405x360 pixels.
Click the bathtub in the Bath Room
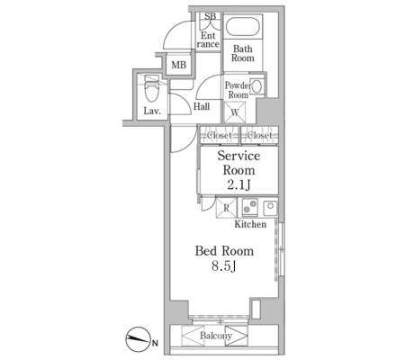point(243,27)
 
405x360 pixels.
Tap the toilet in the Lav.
point(151,89)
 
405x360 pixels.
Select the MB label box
point(178,65)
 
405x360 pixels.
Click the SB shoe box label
point(210,16)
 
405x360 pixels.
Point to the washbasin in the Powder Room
point(256,86)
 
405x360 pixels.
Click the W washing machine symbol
point(235,112)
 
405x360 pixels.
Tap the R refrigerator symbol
point(227,208)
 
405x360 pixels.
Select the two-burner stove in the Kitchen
point(250,207)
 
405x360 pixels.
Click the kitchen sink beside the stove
point(270,207)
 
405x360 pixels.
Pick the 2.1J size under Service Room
point(238,185)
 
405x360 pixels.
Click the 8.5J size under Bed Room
point(224,266)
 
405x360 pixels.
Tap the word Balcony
point(216,336)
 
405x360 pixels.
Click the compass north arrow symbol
point(138,339)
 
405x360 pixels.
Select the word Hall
point(202,106)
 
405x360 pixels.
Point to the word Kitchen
point(250,224)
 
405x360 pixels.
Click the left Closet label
point(220,135)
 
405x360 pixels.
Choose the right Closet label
point(259,135)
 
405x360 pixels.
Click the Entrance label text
point(208,40)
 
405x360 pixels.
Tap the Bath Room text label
point(243,53)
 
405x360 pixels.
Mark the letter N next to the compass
point(155,343)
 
